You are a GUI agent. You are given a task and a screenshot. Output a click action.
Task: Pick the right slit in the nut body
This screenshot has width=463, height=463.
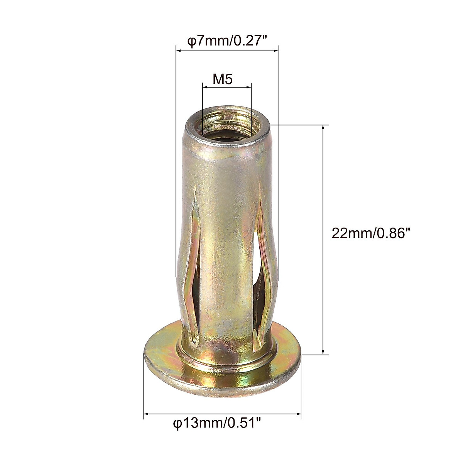point(262,270)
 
